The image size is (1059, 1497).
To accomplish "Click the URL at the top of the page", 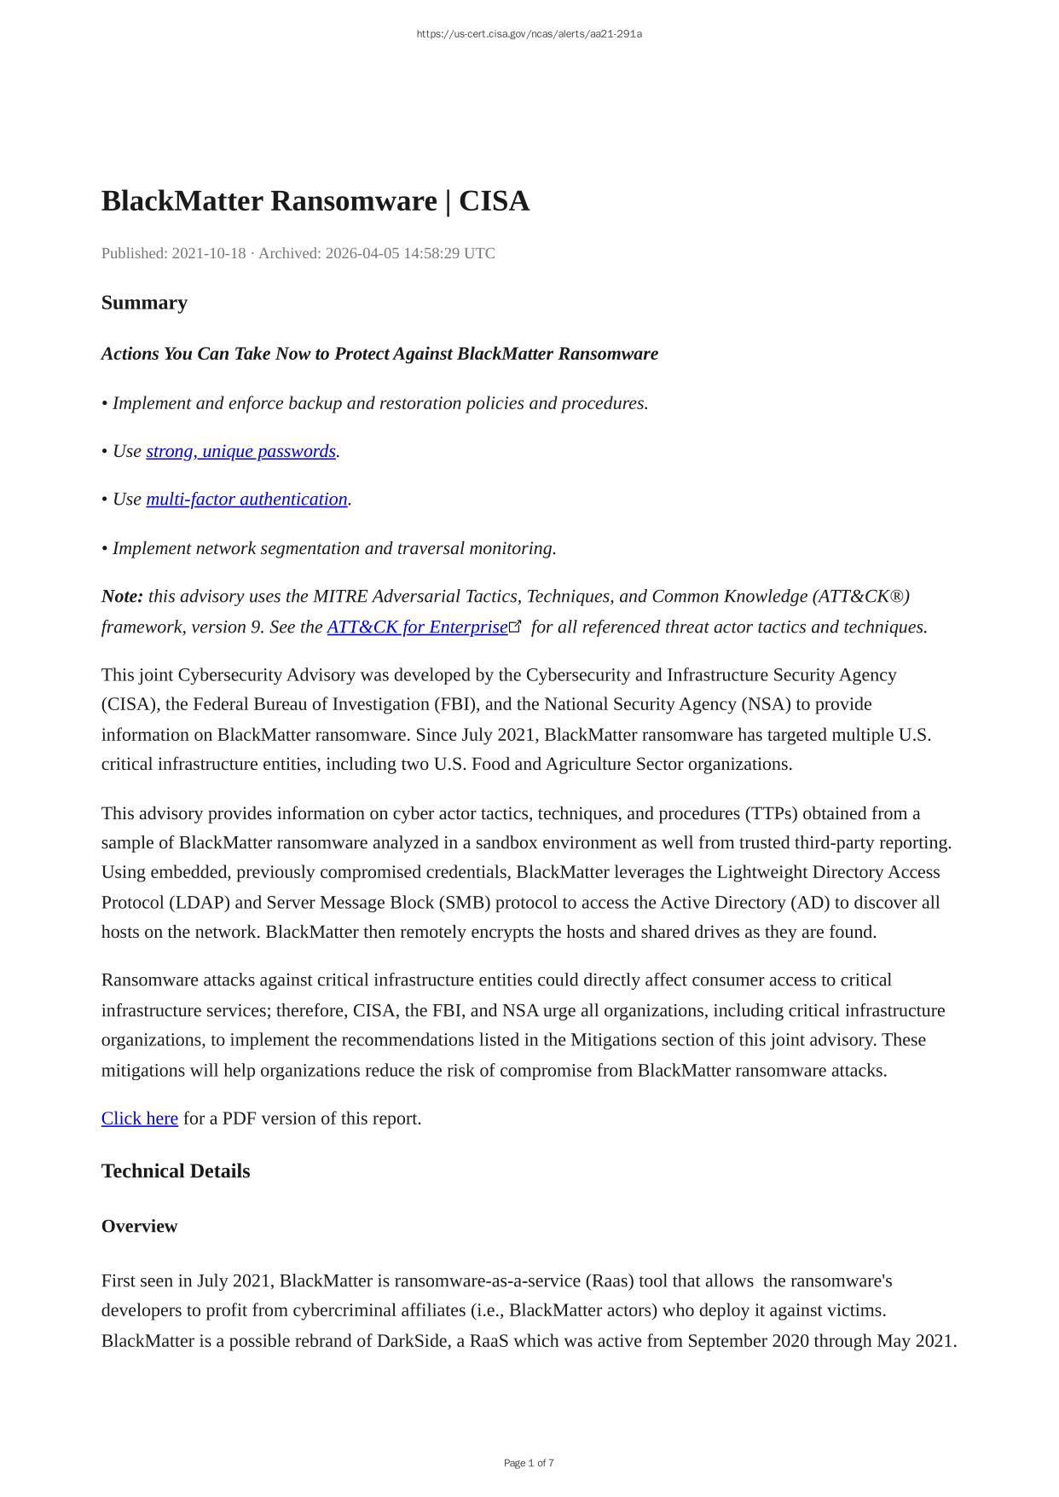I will tap(529, 34).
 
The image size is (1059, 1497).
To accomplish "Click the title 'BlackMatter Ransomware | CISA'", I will tap(315, 201).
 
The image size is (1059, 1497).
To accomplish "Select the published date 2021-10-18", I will tap(209, 253).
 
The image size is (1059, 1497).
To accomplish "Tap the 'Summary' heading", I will tap(144, 303).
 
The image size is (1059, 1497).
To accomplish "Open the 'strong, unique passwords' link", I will tap(240, 451).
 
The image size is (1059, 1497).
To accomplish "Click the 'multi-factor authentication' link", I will tap(246, 499).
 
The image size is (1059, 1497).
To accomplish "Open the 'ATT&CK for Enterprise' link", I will tap(417, 627).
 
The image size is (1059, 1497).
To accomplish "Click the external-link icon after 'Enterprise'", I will tap(515, 627).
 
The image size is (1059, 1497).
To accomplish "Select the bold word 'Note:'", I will tap(122, 596).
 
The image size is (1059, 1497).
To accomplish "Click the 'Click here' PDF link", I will tap(140, 1118).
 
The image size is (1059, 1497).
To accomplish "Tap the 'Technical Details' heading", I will tap(176, 1171).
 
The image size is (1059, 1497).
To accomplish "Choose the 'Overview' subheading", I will tap(139, 1226).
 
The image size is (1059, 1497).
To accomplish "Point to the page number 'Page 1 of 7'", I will tap(529, 1463).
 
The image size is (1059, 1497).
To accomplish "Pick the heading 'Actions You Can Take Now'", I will tap(379, 354).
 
